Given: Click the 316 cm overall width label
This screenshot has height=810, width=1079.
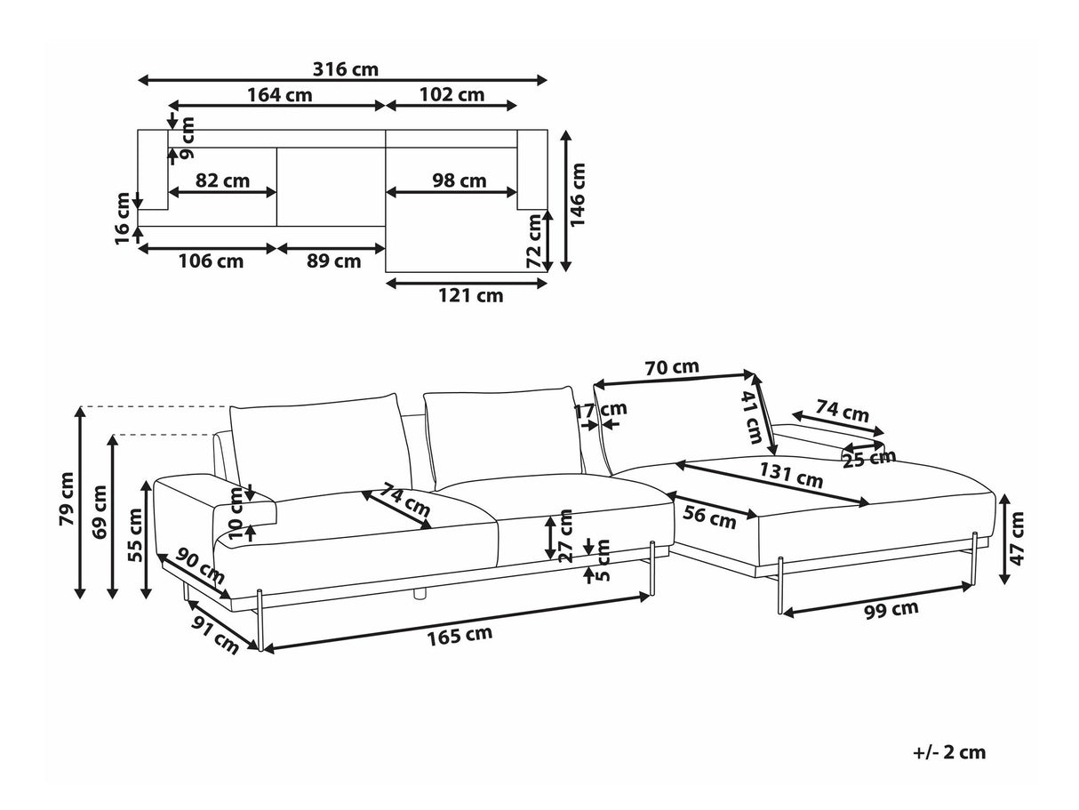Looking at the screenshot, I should [x=343, y=69].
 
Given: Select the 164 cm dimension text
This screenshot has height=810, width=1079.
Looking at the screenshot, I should [x=280, y=95].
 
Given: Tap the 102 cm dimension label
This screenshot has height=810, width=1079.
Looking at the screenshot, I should [x=452, y=95].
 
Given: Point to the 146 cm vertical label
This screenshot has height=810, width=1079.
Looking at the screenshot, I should [x=579, y=195].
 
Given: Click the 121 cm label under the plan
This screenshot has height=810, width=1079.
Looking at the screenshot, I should [x=470, y=296].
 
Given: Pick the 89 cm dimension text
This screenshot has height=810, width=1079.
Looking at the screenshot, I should [x=333, y=261].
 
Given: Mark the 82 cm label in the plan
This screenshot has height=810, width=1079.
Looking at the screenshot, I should [x=222, y=180].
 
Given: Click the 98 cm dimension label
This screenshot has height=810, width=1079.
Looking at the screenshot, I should [x=459, y=180].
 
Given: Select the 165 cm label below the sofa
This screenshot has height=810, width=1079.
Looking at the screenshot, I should [x=460, y=635].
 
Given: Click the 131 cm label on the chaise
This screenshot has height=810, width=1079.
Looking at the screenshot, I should [x=793, y=477].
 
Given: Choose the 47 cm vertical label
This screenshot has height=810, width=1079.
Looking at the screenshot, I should [x=1018, y=538].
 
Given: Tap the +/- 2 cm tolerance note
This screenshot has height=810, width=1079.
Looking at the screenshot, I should [x=949, y=752].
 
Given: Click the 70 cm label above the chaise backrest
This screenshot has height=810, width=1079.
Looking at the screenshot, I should [x=671, y=366].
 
